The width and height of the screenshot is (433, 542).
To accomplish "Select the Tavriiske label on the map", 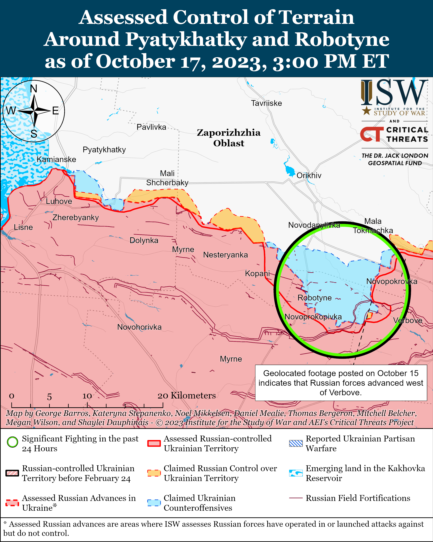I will click(266, 103).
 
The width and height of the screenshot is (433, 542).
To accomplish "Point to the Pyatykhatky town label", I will click(104, 150).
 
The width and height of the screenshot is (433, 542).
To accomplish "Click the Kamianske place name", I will click(56, 159).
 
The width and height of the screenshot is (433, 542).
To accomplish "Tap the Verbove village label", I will click(408, 320).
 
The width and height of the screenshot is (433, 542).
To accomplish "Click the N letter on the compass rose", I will click(33, 89).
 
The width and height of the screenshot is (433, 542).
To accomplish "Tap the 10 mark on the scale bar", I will click(87, 396).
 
